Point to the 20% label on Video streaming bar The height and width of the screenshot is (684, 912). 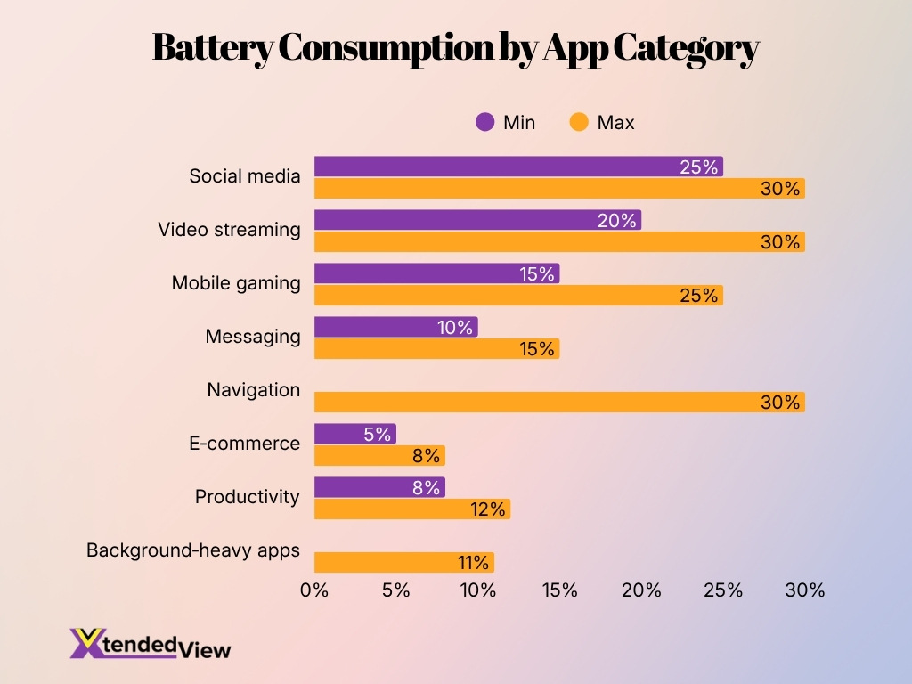[x=617, y=221]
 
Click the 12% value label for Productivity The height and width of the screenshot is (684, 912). [x=488, y=509]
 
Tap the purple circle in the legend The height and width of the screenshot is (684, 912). [x=484, y=123]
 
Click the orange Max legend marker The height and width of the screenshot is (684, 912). [x=579, y=123]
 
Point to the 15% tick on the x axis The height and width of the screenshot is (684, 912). [x=559, y=590]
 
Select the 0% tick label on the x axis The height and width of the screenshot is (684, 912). [x=314, y=590]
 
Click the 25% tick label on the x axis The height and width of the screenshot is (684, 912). [x=723, y=590]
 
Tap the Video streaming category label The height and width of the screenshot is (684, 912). [x=229, y=230]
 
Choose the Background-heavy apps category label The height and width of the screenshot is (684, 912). [x=193, y=550]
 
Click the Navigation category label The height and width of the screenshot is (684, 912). [x=253, y=390]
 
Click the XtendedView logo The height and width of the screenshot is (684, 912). [x=150, y=644]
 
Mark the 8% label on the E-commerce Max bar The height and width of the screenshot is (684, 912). [x=426, y=456]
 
